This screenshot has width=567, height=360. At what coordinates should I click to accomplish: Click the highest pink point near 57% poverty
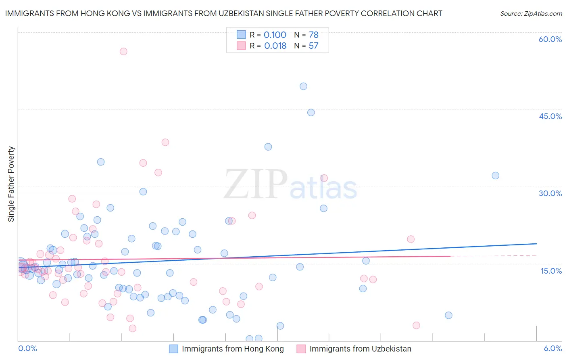click(x=123, y=51)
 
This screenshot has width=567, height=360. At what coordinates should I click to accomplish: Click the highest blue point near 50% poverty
click(x=303, y=86)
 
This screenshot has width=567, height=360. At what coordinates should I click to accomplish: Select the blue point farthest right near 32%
click(x=495, y=176)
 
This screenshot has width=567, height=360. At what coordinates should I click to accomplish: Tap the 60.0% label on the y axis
click(x=550, y=39)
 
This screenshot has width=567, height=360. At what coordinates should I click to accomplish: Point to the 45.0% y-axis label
click(x=550, y=116)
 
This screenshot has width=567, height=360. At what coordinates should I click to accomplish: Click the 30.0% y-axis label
click(x=550, y=193)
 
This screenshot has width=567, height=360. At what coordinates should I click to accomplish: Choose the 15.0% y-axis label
click(x=551, y=271)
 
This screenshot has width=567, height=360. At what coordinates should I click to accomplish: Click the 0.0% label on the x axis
click(x=27, y=349)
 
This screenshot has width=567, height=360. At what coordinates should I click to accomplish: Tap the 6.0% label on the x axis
click(x=552, y=349)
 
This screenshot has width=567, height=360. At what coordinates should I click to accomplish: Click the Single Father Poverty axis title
click(x=11, y=184)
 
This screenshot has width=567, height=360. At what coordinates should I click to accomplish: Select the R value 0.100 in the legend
click(x=275, y=35)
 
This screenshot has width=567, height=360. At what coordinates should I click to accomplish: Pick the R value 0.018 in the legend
click(x=275, y=46)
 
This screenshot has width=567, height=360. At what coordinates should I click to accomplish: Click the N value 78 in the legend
click(x=313, y=35)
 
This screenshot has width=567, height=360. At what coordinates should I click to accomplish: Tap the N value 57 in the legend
click(x=313, y=46)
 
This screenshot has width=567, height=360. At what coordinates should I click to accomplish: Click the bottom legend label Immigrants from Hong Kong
click(x=233, y=349)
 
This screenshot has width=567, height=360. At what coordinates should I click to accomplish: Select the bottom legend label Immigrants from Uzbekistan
click(x=360, y=349)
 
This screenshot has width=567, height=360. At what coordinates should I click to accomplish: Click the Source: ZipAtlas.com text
click(x=531, y=14)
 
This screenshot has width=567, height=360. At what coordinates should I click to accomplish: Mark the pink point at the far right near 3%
click(x=416, y=325)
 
